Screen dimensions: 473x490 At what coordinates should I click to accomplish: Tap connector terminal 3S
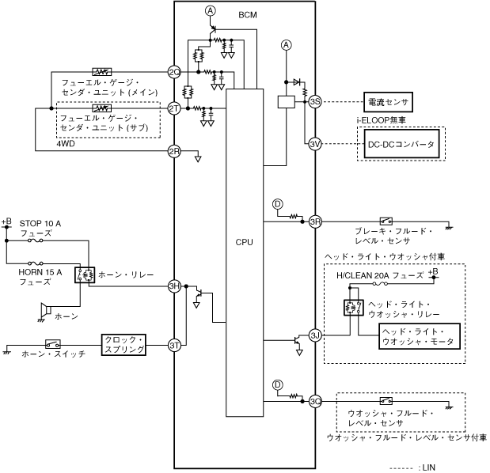click(x=314, y=101)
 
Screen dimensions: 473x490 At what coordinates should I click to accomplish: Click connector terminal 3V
click(x=314, y=144)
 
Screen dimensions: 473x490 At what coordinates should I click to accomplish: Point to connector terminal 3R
click(x=315, y=221)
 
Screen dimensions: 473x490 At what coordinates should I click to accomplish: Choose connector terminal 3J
click(x=315, y=335)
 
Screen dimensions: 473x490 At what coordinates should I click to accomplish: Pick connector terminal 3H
click(x=174, y=286)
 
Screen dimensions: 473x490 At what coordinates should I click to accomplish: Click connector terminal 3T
click(x=174, y=345)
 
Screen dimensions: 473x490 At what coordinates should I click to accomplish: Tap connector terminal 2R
click(x=174, y=150)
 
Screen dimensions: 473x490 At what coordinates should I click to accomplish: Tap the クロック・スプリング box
click(x=124, y=345)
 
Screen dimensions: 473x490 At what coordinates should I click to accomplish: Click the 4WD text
click(x=66, y=145)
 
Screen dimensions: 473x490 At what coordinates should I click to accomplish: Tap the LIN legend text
click(x=425, y=467)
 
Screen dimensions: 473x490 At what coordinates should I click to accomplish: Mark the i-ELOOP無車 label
click(x=382, y=120)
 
